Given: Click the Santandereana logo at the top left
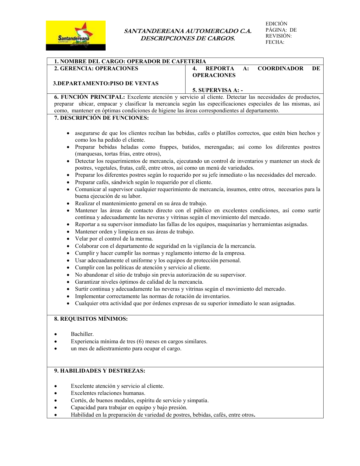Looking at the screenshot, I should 76,36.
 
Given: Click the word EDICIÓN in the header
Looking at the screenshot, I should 276,24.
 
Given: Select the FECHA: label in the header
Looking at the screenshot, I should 275,42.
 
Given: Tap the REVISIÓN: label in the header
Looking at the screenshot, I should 278,36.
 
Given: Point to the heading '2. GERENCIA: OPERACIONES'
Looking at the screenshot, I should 96,69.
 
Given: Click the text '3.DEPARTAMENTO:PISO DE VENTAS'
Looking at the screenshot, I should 106,84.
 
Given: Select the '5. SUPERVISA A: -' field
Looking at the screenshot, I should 217,90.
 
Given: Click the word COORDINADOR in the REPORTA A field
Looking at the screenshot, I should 280,69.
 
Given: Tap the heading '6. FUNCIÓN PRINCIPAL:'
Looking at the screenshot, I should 89,97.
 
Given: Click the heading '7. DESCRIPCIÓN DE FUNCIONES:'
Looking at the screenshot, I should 101,118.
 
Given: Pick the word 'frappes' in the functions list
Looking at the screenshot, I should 169,147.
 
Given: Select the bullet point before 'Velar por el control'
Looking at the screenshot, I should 68,239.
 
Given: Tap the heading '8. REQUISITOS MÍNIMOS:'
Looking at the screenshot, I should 91,319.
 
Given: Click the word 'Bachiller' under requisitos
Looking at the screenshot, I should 82,334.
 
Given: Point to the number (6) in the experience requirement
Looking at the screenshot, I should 140,342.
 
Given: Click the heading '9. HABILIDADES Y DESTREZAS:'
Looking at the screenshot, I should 100,371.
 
